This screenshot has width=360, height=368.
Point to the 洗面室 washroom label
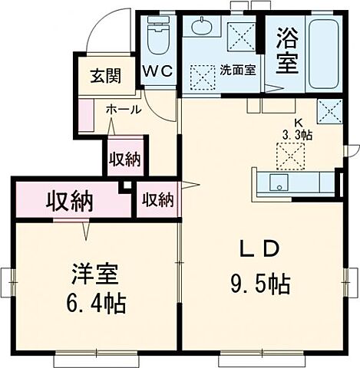point(237,68)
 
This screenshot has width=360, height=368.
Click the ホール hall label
point(123,110)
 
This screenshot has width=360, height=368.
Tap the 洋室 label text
point(94,274)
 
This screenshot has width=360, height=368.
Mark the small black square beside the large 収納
point(127,188)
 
